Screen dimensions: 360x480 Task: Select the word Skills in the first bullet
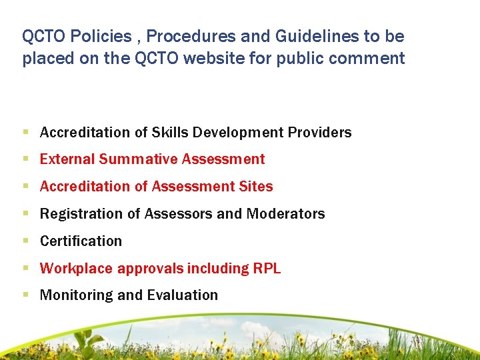(x=171, y=133)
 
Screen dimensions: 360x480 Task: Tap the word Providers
(x=319, y=133)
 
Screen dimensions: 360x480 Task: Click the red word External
(x=67, y=159)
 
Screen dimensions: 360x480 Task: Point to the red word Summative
(x=137, y=159)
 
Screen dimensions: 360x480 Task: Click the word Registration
(x=79, y=214)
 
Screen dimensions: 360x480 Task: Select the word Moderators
(x=285, y=214)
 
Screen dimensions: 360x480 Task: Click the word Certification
(x=81, y=241)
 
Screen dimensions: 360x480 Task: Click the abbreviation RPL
(x=267, y=269)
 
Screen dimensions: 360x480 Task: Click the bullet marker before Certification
(x=25, y=241)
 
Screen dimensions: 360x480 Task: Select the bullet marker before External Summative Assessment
(x=25, y=159)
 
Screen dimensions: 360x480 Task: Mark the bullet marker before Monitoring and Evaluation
(x=25, y=295)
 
